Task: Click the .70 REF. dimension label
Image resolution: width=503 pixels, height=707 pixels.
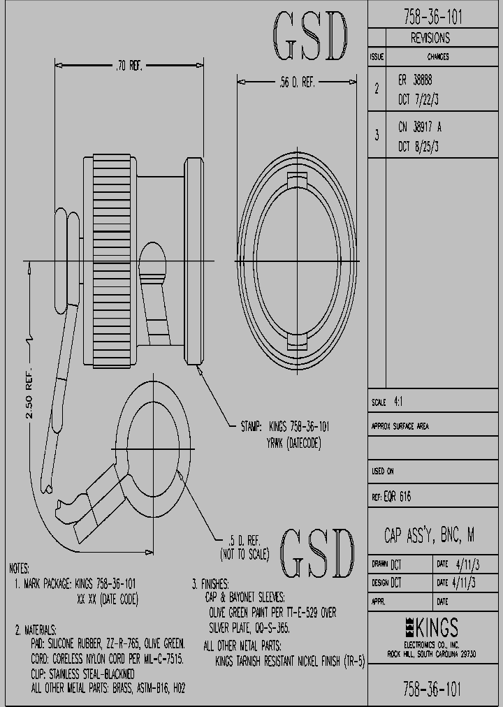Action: (x=128, y=66)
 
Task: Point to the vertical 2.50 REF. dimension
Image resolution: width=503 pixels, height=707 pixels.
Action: (x=29, y=398)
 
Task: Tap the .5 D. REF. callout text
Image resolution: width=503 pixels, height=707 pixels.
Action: (x=245, y=540)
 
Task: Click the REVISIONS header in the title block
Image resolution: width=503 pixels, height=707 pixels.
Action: (x=430, y=38)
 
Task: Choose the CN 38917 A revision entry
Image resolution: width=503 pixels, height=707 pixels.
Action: (x=419, y=127)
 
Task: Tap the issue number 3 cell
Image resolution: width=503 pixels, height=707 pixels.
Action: (x=377, y=135)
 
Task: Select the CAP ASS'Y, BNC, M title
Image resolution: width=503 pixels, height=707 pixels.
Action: (x=430, y=536)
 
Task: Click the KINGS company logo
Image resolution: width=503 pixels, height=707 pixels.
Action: (x=431, y=626)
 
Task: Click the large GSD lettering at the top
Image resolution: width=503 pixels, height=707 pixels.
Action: (x=309, y=36)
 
